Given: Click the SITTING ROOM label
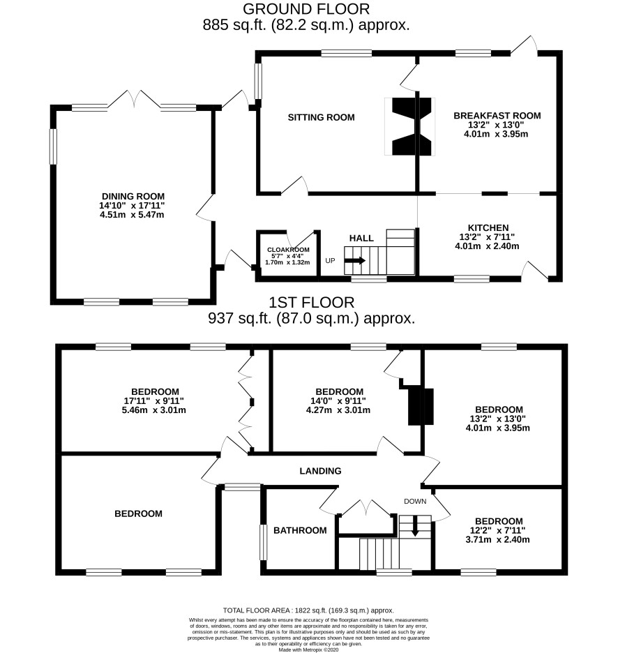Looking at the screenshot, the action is (x=321, y=117).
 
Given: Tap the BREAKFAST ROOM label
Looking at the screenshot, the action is (x=497, y=116).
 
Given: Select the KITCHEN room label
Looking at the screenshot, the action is (x=488, y=228).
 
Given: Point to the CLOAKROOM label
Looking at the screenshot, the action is (x=288, y=250).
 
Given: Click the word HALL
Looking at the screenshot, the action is (x=361, y=238).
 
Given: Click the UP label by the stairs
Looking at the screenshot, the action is (x=330, y=261).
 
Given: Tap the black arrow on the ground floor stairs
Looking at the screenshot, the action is (x=355, y=261).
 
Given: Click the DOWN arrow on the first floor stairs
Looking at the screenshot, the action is (x=415, y=526).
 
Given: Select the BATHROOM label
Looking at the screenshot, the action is (x=300, y=530).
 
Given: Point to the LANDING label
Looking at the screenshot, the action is (x=320, y=471).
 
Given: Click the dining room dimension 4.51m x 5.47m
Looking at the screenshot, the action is (x=132, y=215).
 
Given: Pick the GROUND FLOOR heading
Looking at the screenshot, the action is (x=306, y=9).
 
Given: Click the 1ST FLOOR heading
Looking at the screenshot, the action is (x=312, y=302).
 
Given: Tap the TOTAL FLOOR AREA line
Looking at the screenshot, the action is (x=308, y=610).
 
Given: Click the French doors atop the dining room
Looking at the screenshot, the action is (x=134, y=100).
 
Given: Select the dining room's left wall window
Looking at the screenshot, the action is (x=53, y=147).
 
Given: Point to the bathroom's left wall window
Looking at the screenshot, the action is (x=263, y=542).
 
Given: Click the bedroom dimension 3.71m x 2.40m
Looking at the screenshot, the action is (x=497, y=540).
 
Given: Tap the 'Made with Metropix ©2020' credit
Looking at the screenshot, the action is (x=308, y=650).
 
